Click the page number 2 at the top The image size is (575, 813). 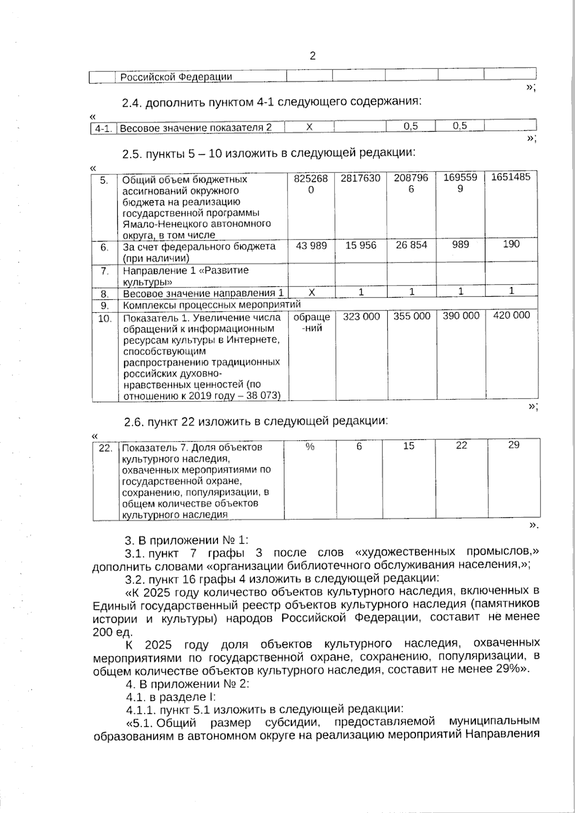(x=313, y=57)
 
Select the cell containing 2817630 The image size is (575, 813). (x=360, y=179)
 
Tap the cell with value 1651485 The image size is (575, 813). (x=511, y=177)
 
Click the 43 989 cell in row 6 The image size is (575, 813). (x=311, y=246)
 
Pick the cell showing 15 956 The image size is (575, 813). (x=361, y=246)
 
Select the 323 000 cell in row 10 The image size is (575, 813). (x=361, y=317)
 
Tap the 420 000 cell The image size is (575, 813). (x=511, y=315)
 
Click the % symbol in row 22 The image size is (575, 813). (x=310, y=447)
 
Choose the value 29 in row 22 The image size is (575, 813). (x=514, y=445)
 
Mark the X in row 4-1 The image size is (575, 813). (x=310, y=127)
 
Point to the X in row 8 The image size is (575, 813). (x=311, y=292)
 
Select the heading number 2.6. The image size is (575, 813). (x=133, y=422)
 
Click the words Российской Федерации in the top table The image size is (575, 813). (x=176, y=77)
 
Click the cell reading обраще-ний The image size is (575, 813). (x=311, y=322)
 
